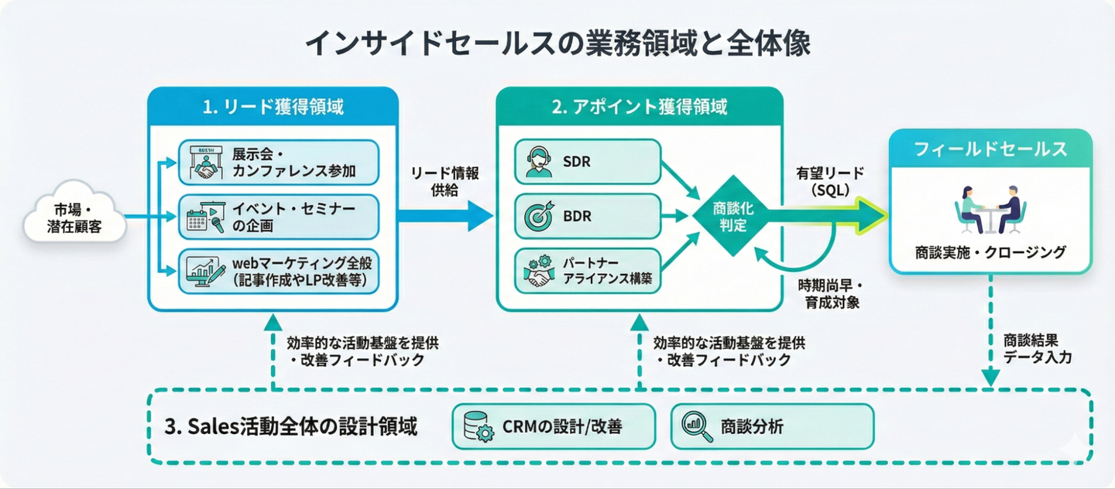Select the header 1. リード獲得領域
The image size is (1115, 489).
pyautogui.click(x=273, y=108)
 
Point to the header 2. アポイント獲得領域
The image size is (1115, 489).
pyautogui.click(x=639, y=108)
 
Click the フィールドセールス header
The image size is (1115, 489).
pyautogui.click(x=990, y=149)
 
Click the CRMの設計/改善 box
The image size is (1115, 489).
pyautogui.click(x=553, y=426)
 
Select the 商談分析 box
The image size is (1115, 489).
pyautogui.click(x=771, y=426)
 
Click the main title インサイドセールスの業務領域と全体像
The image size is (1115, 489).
pyautogui.click(x=557, y=44)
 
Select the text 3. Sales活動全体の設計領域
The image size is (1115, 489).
pyautogui.click(x=292, y=426)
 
